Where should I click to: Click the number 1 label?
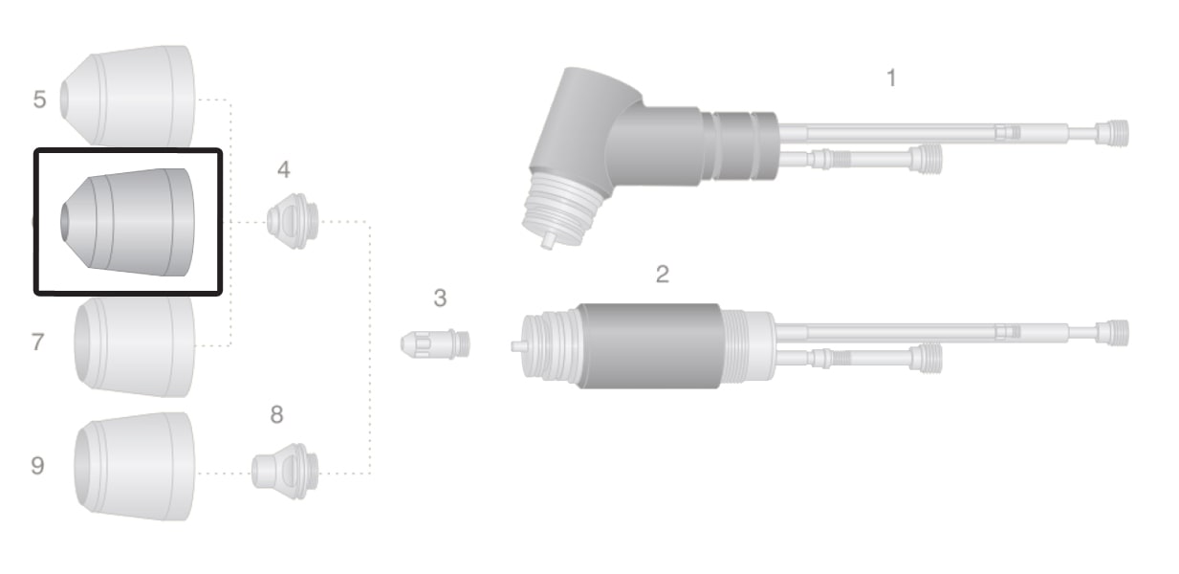coord(891,77)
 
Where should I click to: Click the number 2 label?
coord(663,274)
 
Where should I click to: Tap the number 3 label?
coord(440,298)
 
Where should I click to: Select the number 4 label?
coord(284,169)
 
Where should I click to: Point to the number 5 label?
coord(39,99)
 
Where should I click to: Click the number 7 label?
coord(37,342)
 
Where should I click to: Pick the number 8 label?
coord(277,414)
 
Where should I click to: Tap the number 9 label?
coord(37,466)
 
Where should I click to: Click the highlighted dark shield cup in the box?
coord(127,222)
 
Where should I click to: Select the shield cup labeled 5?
coord(127,96)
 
